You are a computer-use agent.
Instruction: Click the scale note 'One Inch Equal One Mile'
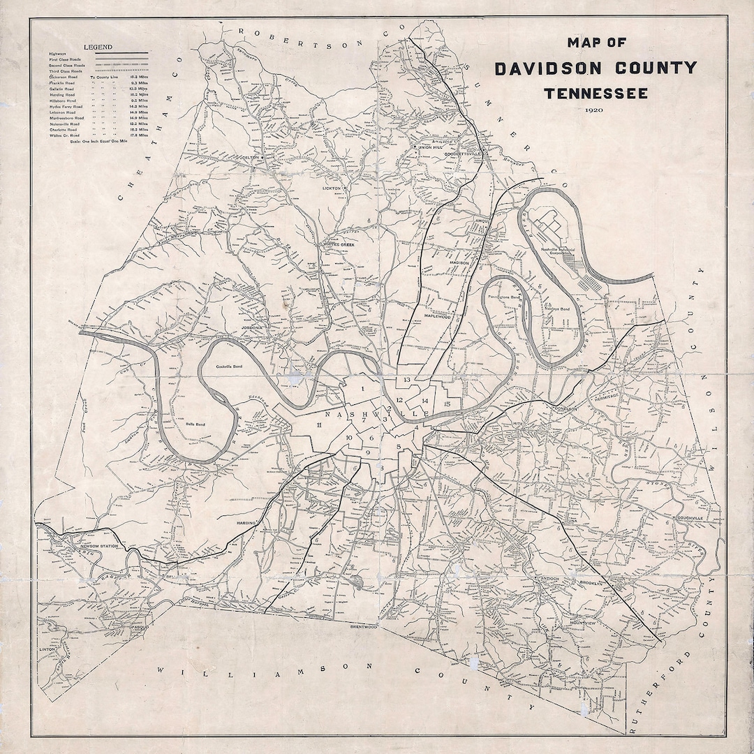point(105,142)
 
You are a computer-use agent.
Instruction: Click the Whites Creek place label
point(341,244)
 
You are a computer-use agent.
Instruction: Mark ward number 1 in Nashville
point(363,389)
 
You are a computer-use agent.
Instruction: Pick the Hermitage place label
point(606,396)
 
